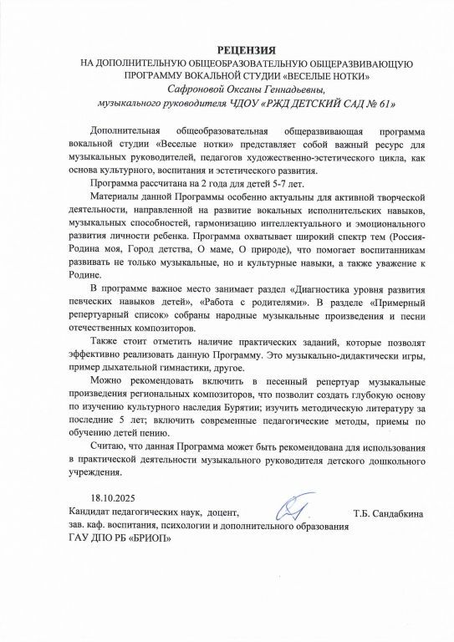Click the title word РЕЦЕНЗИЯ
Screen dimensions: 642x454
227,52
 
